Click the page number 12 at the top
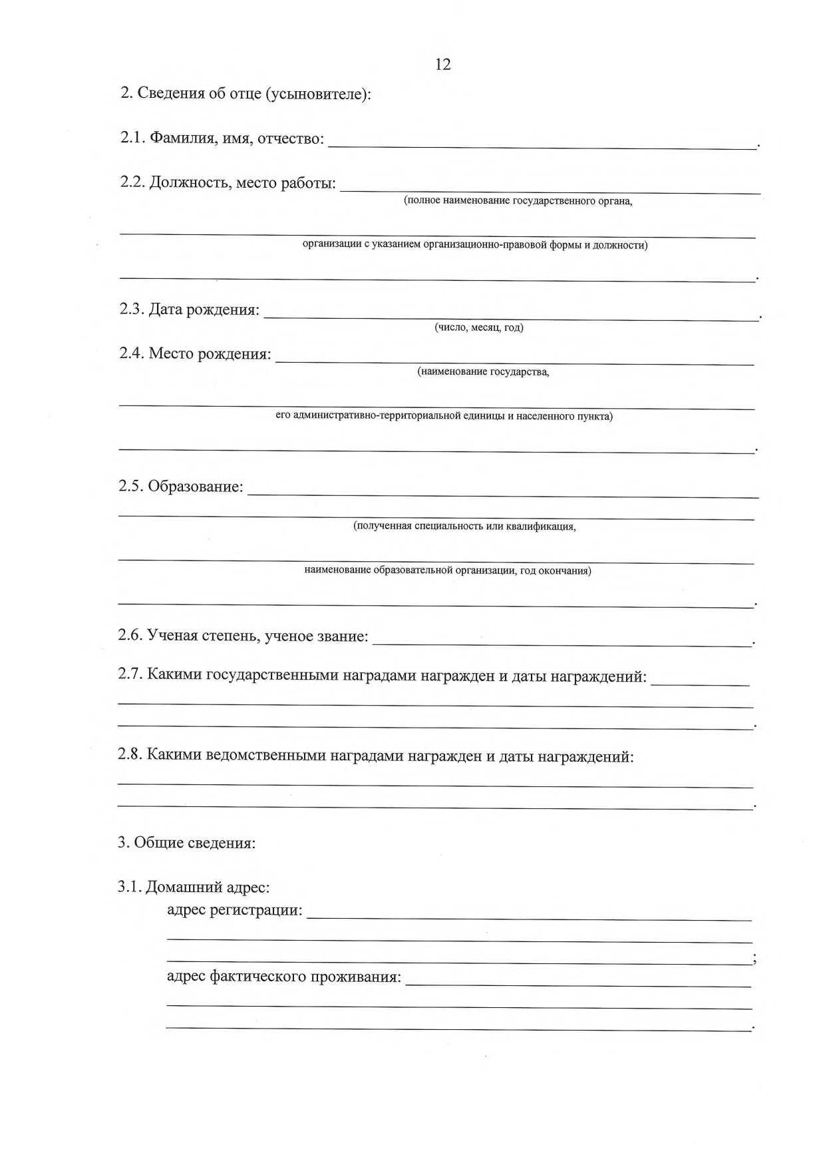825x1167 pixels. pos(442,65)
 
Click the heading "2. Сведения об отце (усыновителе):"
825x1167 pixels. pos(245,94)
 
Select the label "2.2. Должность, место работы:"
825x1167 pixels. pos(228,183)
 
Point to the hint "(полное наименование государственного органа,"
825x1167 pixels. pos(518,200)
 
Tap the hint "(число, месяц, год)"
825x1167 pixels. pos(479,328)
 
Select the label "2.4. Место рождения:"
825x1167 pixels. pos(196,353)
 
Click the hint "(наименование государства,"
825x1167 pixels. pos(484,372)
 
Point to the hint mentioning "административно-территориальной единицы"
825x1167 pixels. pos(444,416)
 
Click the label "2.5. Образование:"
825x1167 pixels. pos(181,487)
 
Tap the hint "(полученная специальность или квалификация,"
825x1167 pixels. pos(464,527)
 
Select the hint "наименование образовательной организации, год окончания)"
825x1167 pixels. pos(448,571)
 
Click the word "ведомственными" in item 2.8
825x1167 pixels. pos(266,756)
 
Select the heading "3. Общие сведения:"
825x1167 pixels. pos(187,843)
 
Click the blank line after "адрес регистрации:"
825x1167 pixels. pos(529,915)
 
